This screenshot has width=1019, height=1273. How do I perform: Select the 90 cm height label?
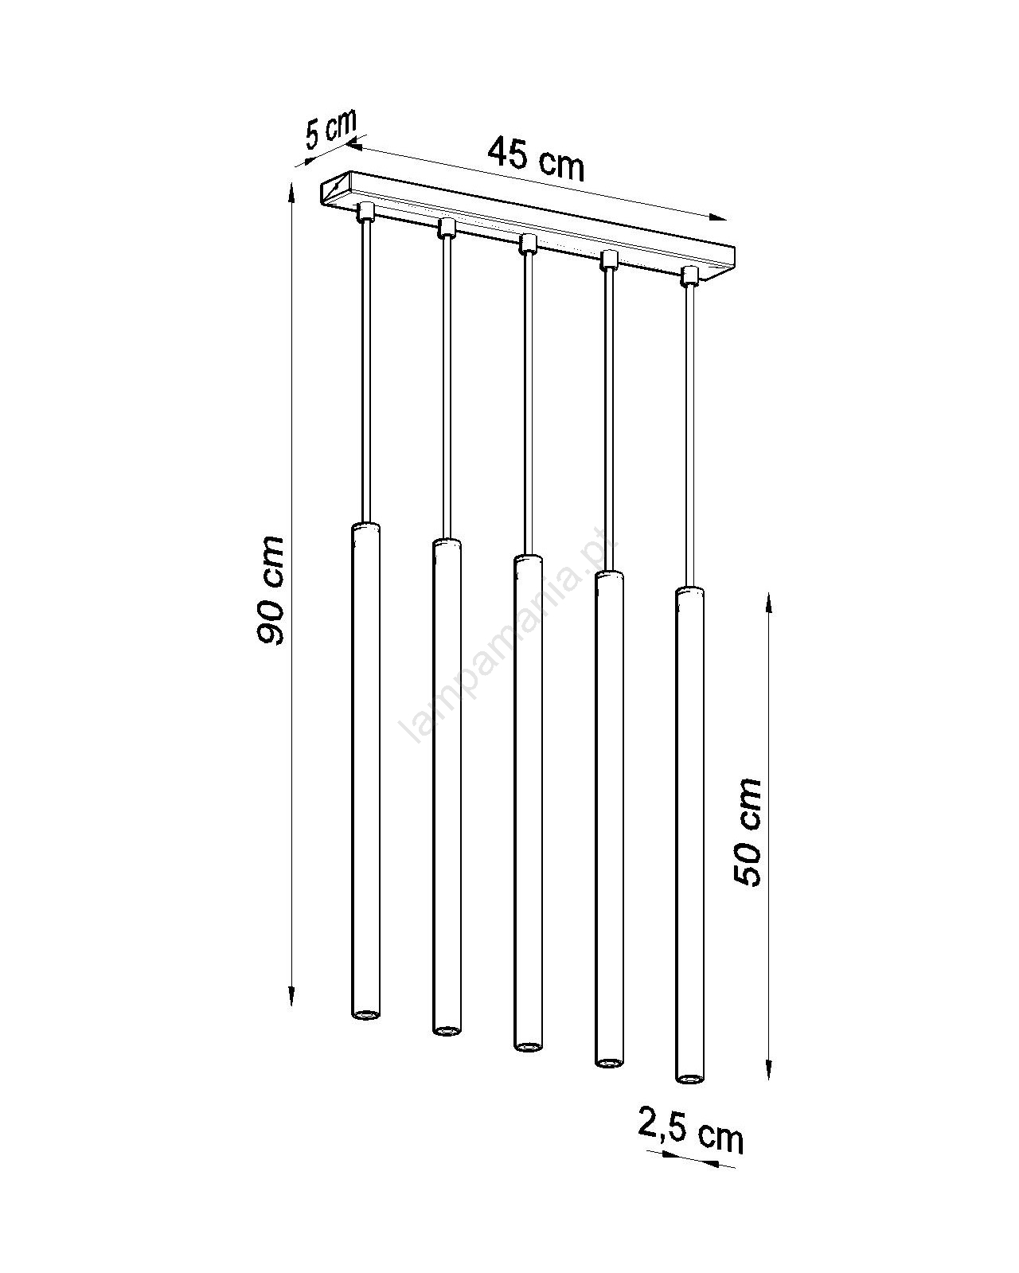271,591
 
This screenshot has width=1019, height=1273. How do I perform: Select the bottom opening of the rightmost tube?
689,1079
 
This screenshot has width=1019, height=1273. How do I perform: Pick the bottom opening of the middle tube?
527,1046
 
